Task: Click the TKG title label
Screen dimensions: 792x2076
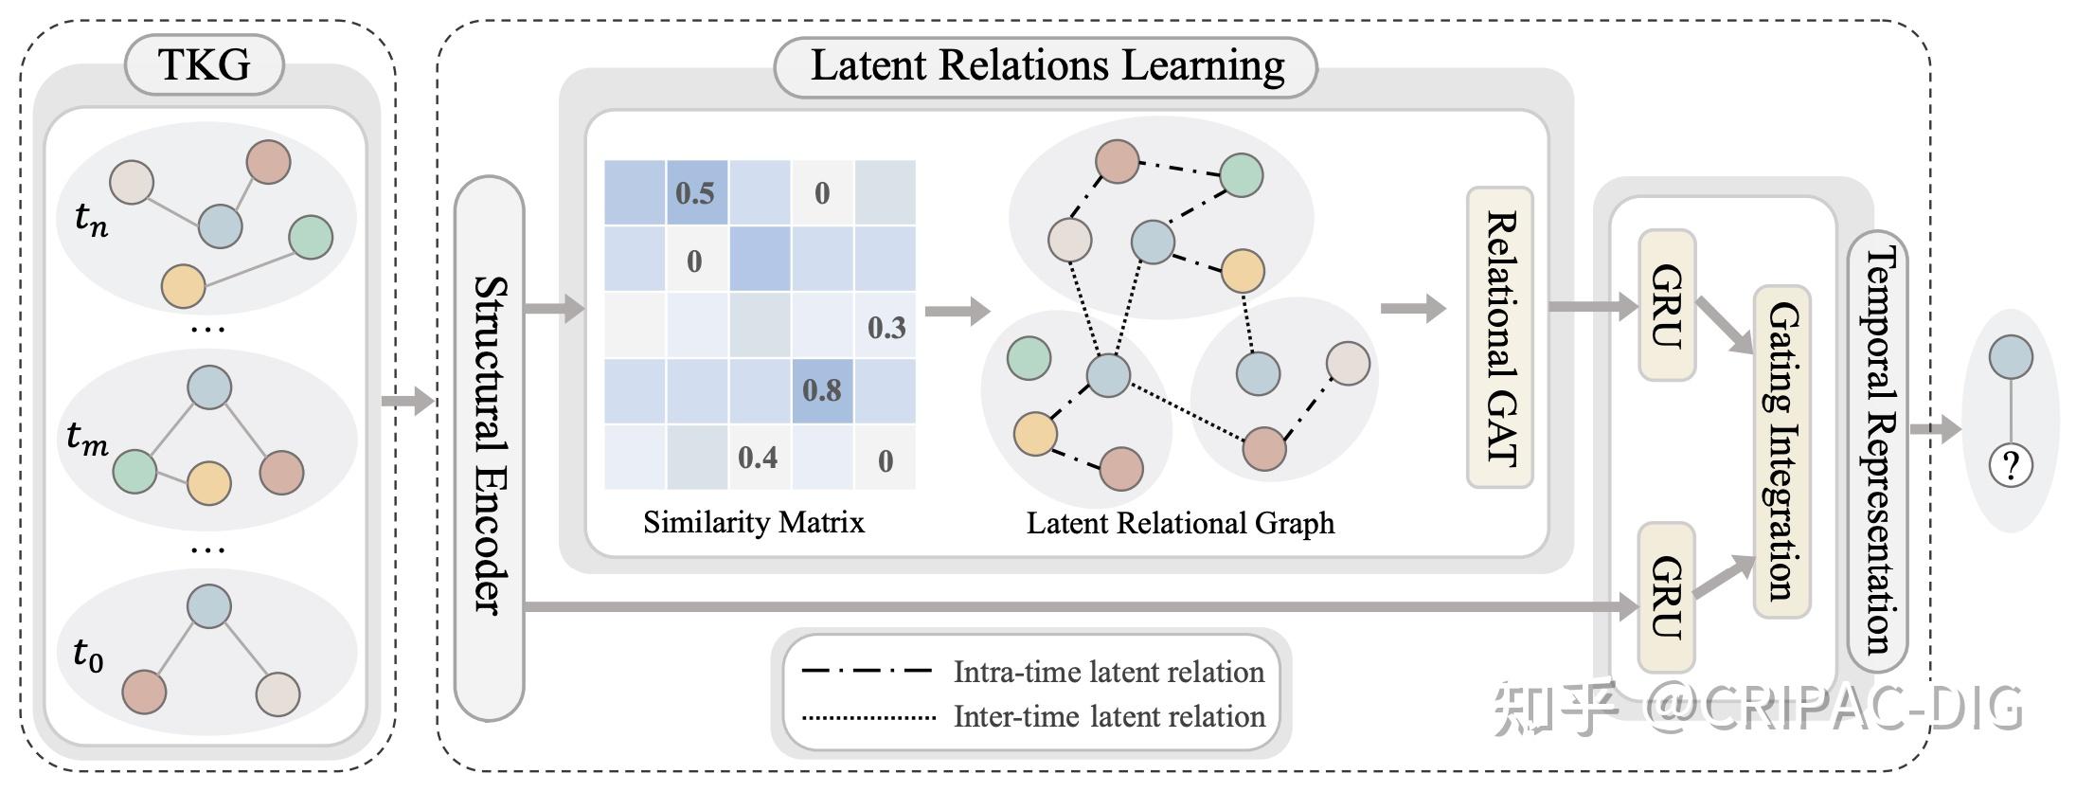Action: [204, 64]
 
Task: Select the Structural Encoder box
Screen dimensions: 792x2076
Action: [490, 447]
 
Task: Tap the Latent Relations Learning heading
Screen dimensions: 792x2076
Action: [1047, 66]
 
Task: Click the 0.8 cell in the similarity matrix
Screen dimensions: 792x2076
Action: [822, 389]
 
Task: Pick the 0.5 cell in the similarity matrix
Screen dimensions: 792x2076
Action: [696, 192]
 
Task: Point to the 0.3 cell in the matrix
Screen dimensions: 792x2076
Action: [886, 327]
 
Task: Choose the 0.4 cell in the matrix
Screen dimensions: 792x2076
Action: [758, 457]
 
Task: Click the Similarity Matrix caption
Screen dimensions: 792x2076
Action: [754, 522]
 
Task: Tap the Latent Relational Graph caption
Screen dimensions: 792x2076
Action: [1180, 523]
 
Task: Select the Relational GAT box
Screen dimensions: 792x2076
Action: [1500, 337]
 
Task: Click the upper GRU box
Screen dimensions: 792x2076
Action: [1667, 305]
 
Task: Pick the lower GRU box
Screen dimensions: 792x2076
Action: [1667, 597]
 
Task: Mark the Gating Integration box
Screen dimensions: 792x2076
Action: [1782, 451]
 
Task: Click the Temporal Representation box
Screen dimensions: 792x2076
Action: [1878, 451]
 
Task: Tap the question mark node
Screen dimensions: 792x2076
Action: [2011, 465]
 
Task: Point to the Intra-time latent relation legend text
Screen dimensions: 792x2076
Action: [1108, 672]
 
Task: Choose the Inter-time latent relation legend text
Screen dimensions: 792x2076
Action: [1108, 716]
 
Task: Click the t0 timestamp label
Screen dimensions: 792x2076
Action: [88, 655]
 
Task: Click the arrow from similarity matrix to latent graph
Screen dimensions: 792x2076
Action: [957, 310]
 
